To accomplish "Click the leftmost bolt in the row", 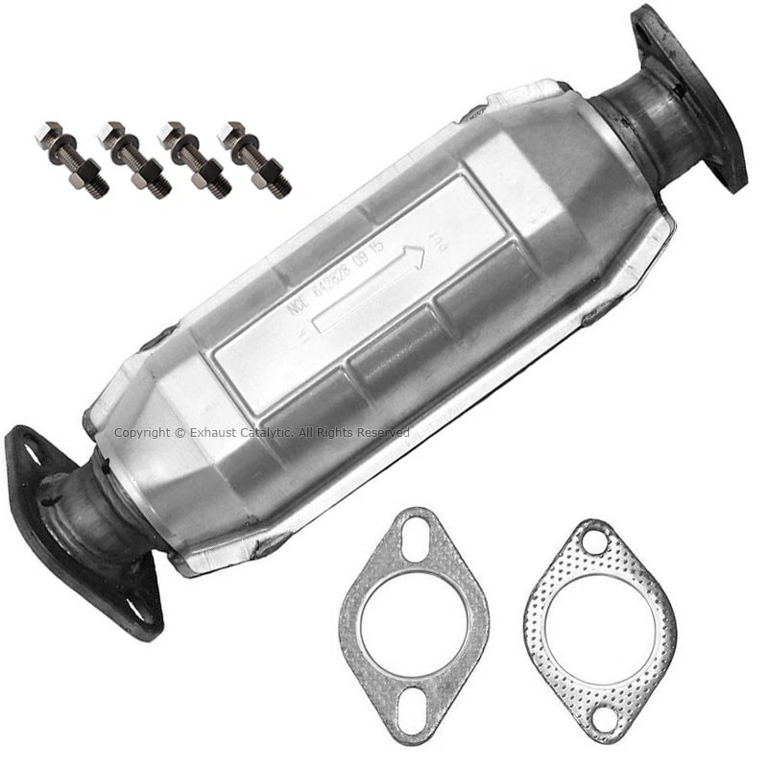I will [x=72, y=157].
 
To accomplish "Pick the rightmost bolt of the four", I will [x=254, y=158].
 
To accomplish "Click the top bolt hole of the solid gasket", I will [x=415, y=536].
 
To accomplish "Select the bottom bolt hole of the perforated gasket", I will [x=603, y=715].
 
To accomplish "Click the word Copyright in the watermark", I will [x=141, y=433].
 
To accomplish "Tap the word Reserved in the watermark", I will [x=384, y=433].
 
